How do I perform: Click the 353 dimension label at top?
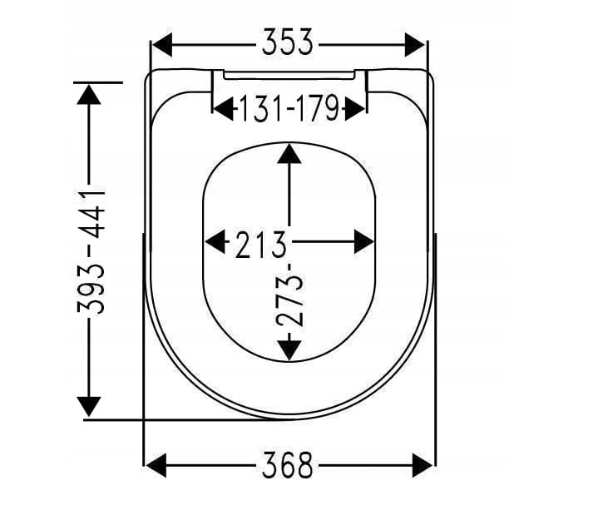pos(288,42)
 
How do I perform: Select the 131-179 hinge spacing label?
pos(289,108)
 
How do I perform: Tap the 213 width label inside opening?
pos(260,244)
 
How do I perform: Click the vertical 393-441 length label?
pos(91,250)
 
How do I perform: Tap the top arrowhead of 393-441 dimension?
pos(88,93)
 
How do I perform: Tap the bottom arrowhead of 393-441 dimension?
pos(88,407)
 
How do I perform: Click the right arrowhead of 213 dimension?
pos(363,242)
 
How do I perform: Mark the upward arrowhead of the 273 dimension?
pos(289,154)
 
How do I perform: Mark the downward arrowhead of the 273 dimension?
pos(289,349)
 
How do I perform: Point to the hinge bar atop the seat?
pos(289,75)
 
